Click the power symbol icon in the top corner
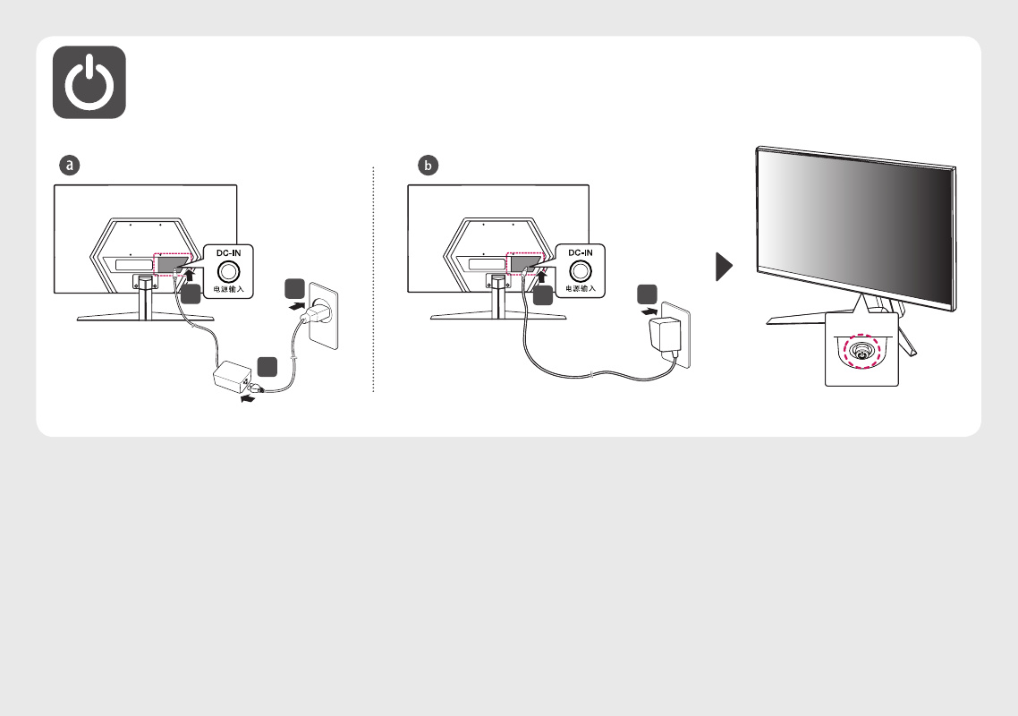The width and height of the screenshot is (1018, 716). coord(89,81)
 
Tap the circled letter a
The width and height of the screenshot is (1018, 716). coord(70,165)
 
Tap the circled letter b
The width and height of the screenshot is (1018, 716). coord(428,165)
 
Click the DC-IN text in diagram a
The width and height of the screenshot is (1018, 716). coord(228,252)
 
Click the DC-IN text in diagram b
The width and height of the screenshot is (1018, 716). coord(581,252)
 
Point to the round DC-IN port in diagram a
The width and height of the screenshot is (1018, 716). coord(228,271)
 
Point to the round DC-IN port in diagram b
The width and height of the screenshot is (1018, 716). coord(581,271)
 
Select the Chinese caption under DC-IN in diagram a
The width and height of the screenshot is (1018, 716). coord(228,289)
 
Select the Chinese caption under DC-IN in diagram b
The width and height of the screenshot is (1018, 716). coord(581,288)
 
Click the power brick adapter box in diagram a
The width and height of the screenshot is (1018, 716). coord(233,376)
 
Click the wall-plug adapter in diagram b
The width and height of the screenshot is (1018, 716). coord(665,336)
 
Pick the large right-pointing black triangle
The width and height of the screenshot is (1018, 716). coord(724,267)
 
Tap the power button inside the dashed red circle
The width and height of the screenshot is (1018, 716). coord(861,352)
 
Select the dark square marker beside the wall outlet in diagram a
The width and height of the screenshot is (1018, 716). coord(294,288)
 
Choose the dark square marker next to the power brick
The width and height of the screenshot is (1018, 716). coord(267,366)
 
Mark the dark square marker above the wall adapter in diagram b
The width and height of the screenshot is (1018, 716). coord(648,294)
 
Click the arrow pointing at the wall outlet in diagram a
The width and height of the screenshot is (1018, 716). coord(297,304)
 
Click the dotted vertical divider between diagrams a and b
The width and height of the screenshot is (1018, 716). coord(373,279)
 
